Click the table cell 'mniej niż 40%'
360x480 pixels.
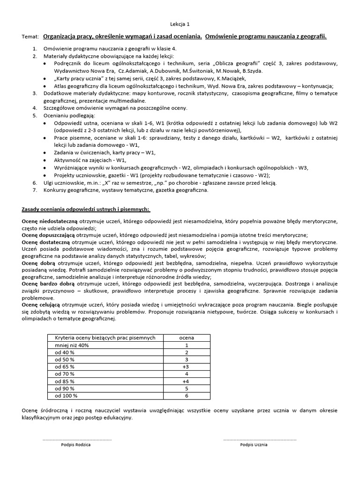tap(72, 345)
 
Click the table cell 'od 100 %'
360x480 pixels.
tap(66, 396)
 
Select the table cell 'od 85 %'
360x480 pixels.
tap(65, 382)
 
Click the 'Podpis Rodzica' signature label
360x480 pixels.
tap(76, 445)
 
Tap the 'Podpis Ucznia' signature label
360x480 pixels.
tap(254, 445)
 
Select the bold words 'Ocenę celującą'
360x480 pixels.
tap(42, 305)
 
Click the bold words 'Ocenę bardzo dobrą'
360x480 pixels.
tap(48, 284)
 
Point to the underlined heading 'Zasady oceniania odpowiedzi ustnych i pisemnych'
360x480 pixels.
tap(86, 208)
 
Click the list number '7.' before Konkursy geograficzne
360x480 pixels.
tap(35, 190)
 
